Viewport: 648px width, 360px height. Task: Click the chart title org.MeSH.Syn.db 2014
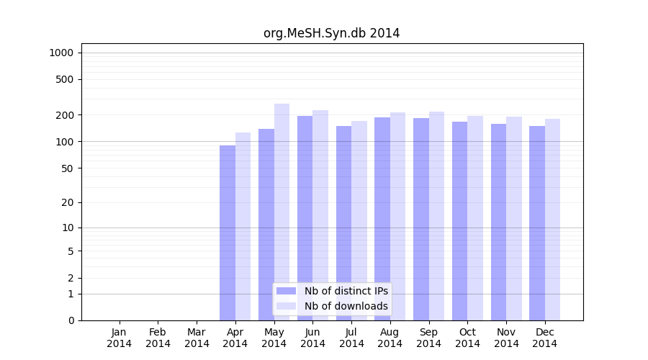coord(331,33)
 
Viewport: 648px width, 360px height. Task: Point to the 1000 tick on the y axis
coord(61,53)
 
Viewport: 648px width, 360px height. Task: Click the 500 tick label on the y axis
coord(65,79)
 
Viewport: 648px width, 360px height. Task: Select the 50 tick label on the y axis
coord(67,168)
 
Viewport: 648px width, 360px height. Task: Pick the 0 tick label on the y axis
coord(71,320)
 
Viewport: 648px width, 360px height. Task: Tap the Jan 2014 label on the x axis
coord(120,338)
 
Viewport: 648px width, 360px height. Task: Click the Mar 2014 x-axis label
coord(197,338)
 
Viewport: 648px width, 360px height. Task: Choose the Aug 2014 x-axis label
coord(390,338)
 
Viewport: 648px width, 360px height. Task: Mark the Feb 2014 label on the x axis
coord(158,338)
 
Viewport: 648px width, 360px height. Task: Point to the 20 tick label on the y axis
coord(67,202)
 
